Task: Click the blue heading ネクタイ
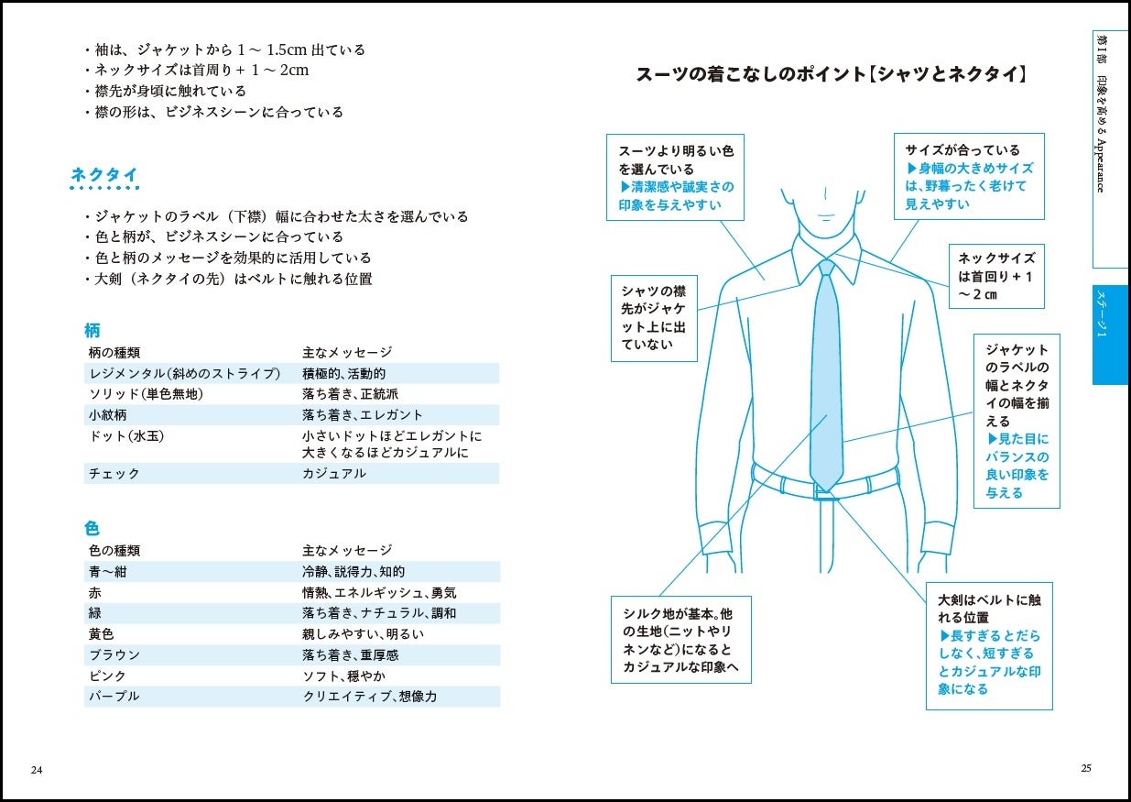pos(104,175)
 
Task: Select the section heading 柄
pos(92,331)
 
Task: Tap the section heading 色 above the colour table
pos(92,529)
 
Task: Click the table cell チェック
pos(114,474)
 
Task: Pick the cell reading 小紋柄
pos(107,415)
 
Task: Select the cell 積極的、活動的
pos(343,374)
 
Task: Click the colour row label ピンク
pos(107,676)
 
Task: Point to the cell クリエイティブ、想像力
pos(369,697)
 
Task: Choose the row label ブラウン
pos(114,655)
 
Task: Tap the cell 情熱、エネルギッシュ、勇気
pos(379,593)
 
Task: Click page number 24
pos(37,769)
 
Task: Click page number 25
pos(1086,768)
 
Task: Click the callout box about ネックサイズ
pos(996,276)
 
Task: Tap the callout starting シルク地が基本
pos(680,640)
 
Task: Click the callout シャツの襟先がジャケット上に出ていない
pos(654,317)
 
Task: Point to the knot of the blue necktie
pos(827,268)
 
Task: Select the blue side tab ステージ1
pos(1109,335)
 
